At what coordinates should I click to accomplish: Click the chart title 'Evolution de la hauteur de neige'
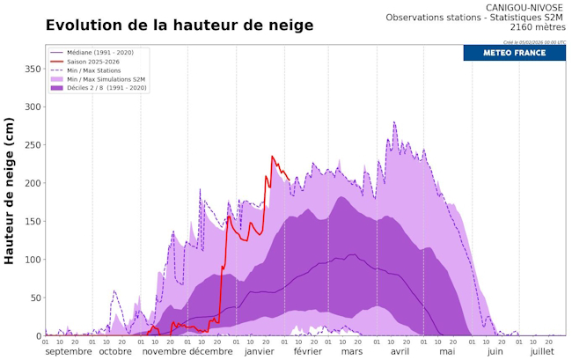(179, 26)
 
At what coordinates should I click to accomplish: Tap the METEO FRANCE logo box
(514, 53)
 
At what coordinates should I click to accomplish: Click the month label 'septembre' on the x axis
(68, 351)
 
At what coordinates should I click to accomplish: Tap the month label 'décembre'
(211, 351)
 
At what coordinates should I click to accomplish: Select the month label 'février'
(307, 351)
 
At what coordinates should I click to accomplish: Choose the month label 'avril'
(400, 351)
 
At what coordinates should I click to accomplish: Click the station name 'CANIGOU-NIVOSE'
(525, 7)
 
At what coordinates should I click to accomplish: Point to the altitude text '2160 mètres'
(538, 28)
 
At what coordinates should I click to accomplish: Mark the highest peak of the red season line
(272, 157)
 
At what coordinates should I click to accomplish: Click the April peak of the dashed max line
(393, 122)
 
